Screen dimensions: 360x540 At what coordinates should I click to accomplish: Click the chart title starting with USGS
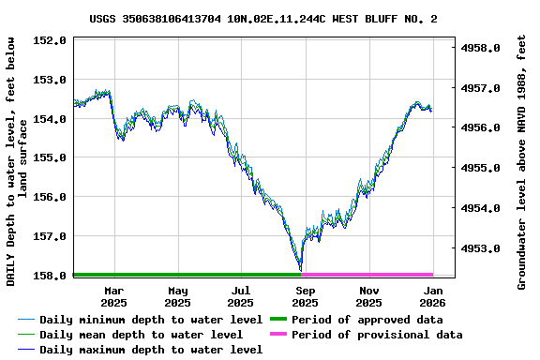pos(263,19)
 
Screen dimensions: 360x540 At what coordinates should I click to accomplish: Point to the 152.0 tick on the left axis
pos(49,41)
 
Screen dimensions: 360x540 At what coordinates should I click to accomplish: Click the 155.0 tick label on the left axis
pos(49,158)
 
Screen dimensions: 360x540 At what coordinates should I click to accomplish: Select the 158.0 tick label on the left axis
pos(49,276)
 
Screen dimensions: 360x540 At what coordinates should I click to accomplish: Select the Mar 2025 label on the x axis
pos(113,296)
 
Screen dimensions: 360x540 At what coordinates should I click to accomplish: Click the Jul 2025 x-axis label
pos(241,296)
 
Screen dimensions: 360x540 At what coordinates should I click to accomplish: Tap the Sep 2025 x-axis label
pos(305,296)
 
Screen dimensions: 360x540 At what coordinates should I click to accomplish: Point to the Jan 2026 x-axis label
pos(432,296)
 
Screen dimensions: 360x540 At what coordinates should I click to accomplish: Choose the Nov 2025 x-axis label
pos(368,296)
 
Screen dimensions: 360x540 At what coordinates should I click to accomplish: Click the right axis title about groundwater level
pos(521,161)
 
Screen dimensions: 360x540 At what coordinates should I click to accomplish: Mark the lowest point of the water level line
pos(300,270)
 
